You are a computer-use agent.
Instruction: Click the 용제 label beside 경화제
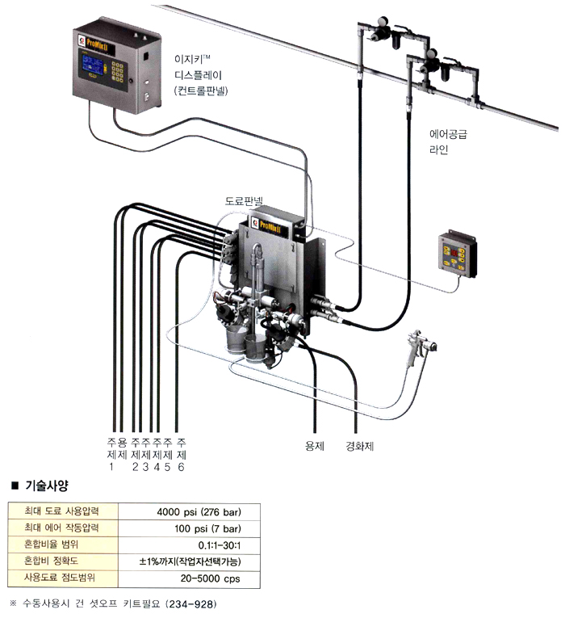[314, 445]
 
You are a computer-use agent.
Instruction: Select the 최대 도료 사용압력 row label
[61, 511]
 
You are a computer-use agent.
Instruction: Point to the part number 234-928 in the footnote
[188, 603]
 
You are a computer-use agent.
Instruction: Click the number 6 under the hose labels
[182, 466]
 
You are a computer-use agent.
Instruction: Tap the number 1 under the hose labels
[111, 466]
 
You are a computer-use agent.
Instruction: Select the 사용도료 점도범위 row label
[59, 578]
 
